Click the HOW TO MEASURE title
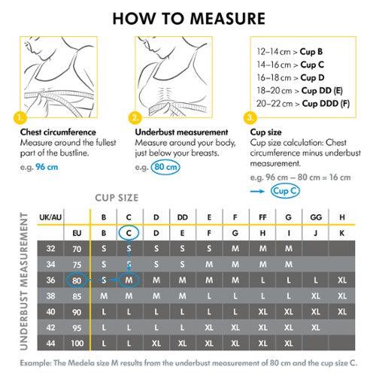pos(187,17)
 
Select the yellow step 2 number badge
pos(135,118)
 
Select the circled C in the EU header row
pos(129,233)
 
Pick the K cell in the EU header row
pos(342,233)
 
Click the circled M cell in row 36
pos(129,280)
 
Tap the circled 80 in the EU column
pos(76,280)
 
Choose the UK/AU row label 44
pos(50,343)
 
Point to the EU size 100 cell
pos(76,343)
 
